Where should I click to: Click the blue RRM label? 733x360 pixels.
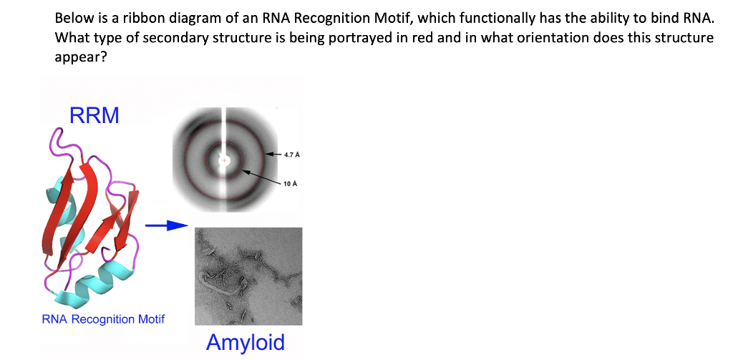(x=94, y=115)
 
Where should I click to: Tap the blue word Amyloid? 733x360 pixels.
(x=245, y=342)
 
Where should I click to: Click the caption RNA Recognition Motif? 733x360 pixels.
(x=103, y=318)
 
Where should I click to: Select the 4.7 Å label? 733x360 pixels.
(x=291, y=155)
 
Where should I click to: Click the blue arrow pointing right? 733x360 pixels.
(x=165, y=226)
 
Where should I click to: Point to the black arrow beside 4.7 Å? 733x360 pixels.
(x=273, y=154)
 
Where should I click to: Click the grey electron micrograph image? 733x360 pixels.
(x=248, y=276)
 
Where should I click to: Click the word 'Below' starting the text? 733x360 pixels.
(x=72, y=17)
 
